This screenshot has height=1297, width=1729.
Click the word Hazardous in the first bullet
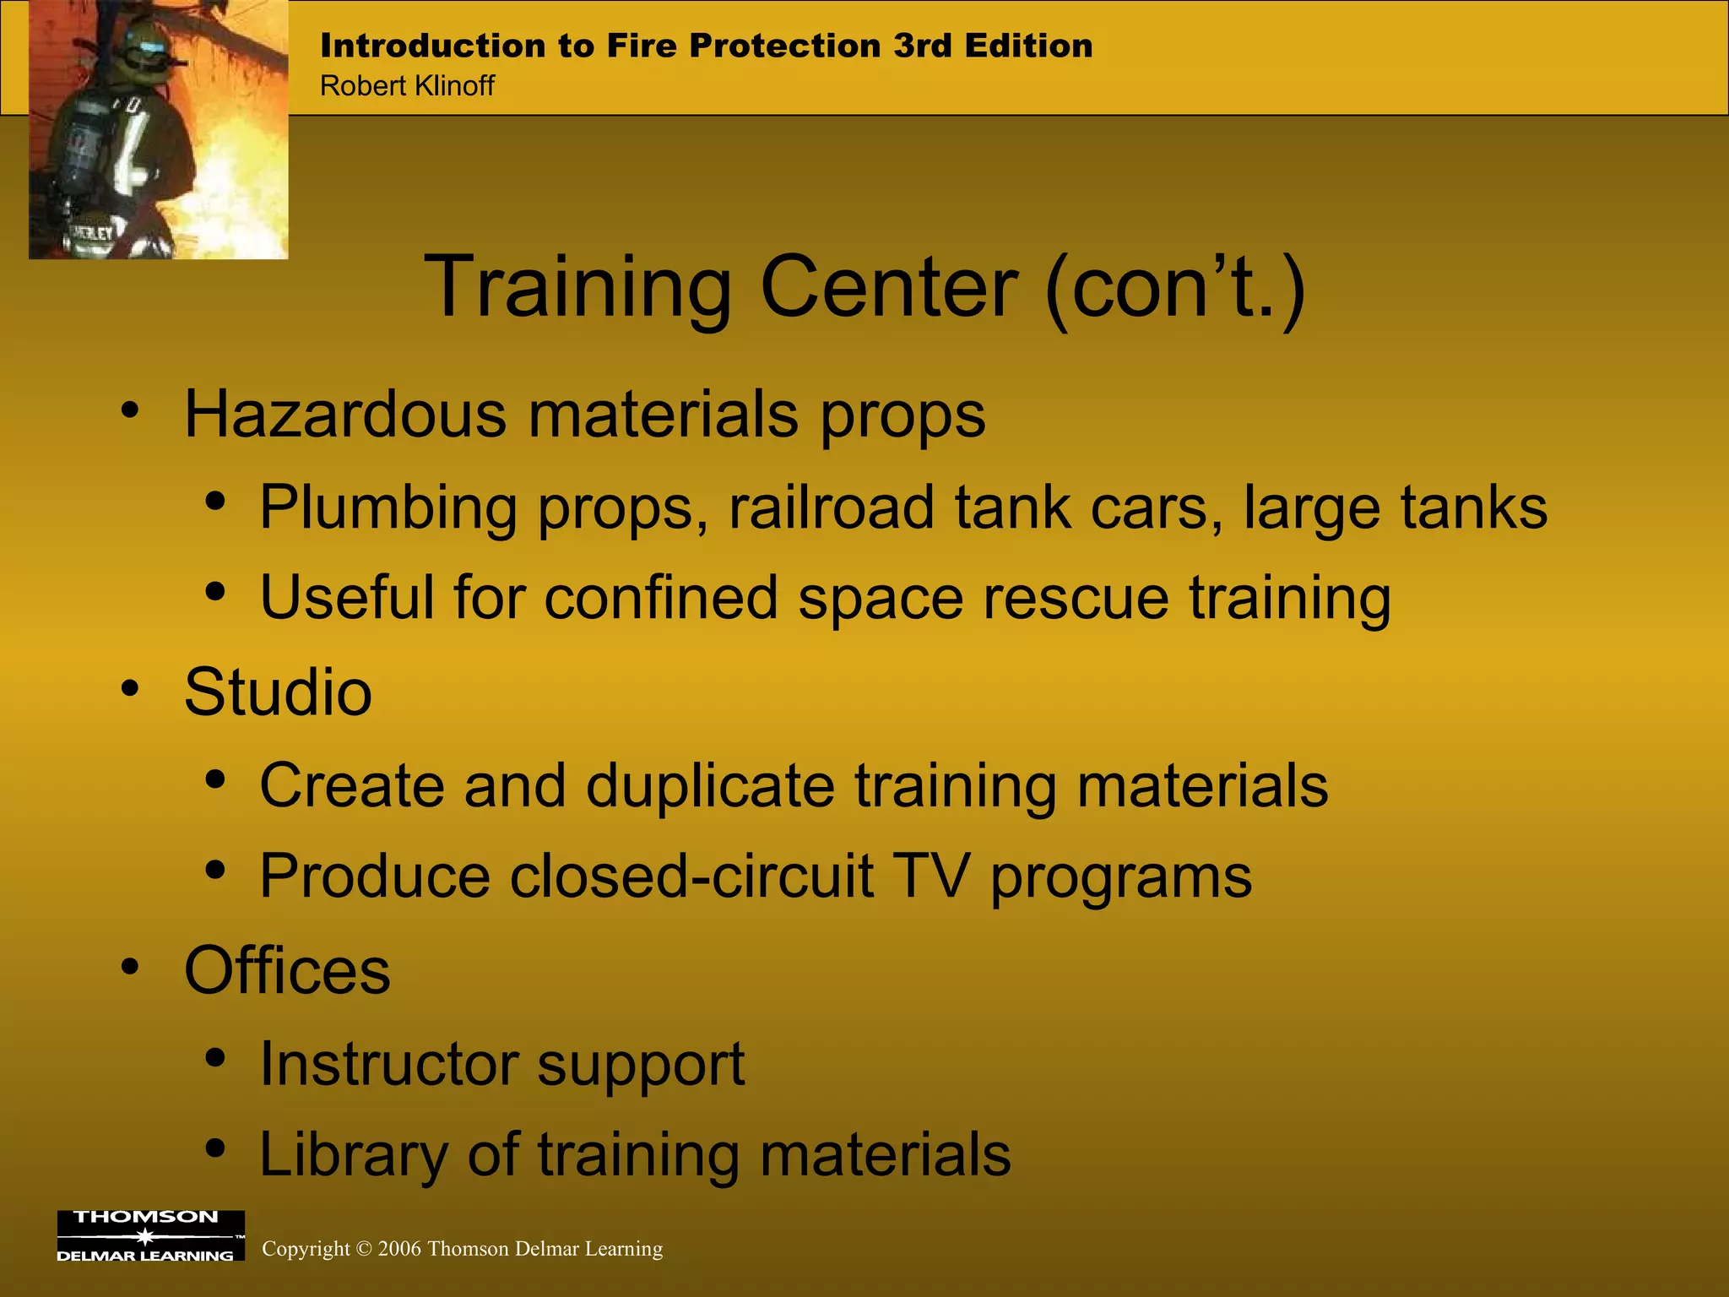pos(345,414)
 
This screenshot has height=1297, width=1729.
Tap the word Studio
pos(278,692)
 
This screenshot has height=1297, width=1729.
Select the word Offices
pos(287,970)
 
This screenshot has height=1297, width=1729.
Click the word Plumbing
pos(388,507)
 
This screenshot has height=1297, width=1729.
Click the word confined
pos(660,598)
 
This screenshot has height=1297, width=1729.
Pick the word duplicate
pos(710,785)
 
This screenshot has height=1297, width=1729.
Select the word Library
pos(353,1154)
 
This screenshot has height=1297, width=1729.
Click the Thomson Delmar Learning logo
pos(150,1235)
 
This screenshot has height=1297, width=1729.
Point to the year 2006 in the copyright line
pos(399,1249)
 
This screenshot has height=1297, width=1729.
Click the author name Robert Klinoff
pos(407,86)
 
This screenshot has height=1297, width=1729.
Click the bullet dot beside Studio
pos(129,689)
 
